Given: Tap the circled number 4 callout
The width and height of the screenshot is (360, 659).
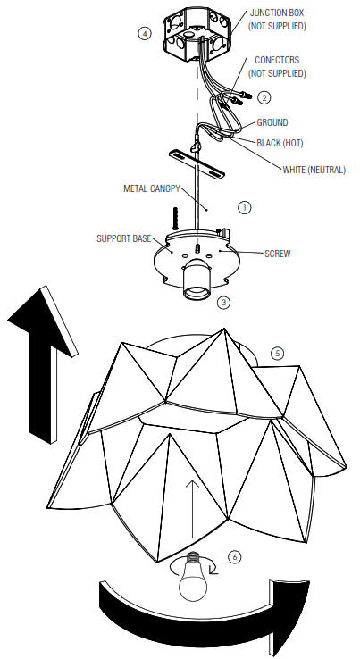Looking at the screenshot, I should [145, 33].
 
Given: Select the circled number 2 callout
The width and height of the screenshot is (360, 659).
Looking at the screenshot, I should [264, 96].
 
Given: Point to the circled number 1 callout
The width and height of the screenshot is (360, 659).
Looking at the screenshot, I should [244, 206].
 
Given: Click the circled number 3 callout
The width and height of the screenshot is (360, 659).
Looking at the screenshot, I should [224, 302].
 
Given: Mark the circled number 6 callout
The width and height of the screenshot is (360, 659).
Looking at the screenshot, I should [234, 556].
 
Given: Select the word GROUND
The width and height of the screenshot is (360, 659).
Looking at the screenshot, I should [272, 122].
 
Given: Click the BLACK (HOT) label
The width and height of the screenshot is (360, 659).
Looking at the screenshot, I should [279, 142].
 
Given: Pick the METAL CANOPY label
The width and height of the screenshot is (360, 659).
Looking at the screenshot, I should [152, 188].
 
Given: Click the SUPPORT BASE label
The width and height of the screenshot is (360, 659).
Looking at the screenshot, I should [124, 238].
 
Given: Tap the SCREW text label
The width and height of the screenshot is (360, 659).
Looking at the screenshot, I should [277, 253].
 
